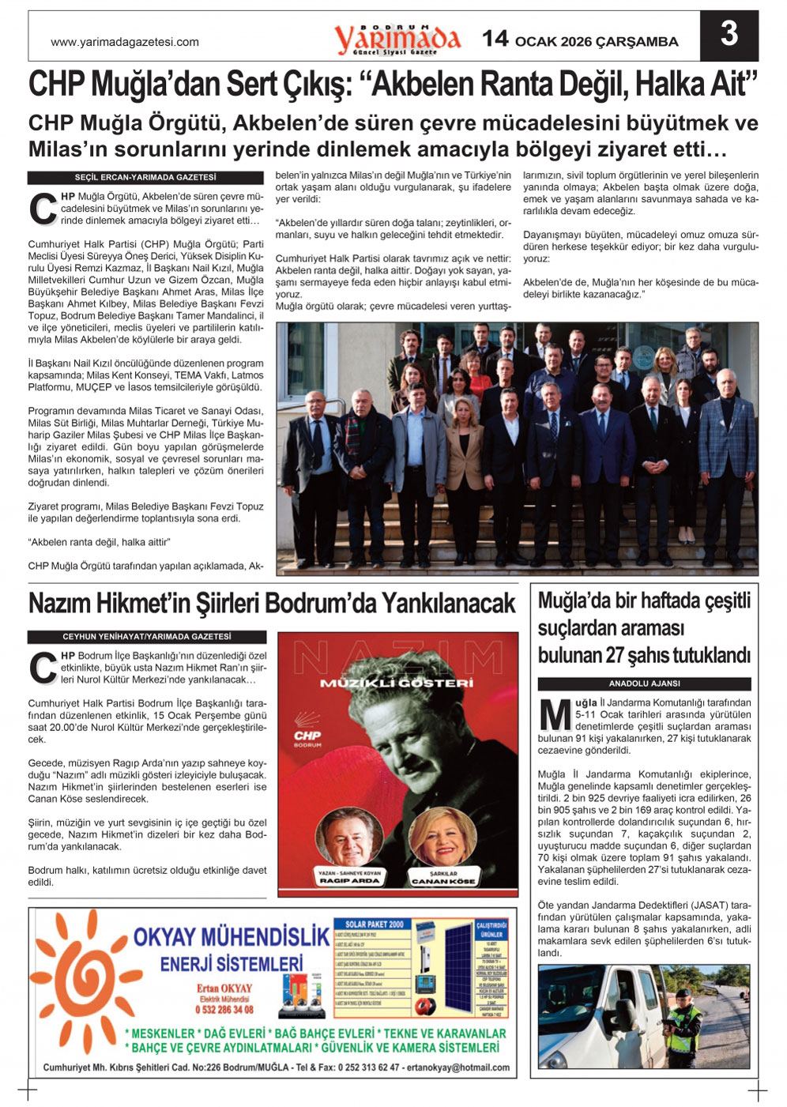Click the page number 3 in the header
tap(729, 35)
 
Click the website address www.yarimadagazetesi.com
tap(125, 43)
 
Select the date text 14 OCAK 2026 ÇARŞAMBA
tap(580, 40)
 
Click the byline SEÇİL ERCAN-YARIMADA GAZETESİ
tap(145, 178)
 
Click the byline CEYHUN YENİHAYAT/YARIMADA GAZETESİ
tap(147, 637)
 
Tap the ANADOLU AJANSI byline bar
tap(644, 683)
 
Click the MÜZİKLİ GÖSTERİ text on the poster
tap(397, 683)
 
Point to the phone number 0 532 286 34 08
tap(224, 1010)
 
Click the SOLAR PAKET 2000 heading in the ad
tap(375, 924)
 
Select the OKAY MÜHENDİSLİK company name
tap(231, 938)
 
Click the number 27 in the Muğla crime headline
tap(615, 656)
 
